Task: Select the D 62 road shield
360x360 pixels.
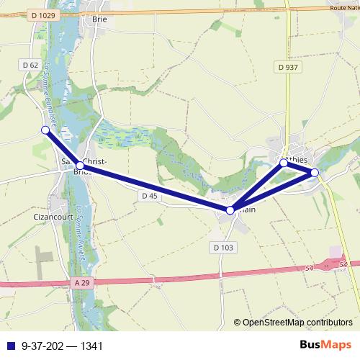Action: pos(30,65)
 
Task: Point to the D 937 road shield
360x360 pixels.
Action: pos(287,67)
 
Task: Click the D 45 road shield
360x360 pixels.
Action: pos(149,195)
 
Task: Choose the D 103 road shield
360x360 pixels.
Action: pos(224,247)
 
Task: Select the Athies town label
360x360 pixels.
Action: pos(296,159)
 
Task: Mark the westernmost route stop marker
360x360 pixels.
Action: pos(45,130)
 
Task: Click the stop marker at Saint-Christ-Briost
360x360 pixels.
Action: pos(80,166)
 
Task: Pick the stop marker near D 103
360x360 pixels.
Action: pos(230,210)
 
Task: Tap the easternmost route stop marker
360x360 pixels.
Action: pos(315,172)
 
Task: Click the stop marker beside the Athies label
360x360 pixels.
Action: pos(284,163)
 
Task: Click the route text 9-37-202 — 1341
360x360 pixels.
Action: pos(63,346)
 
